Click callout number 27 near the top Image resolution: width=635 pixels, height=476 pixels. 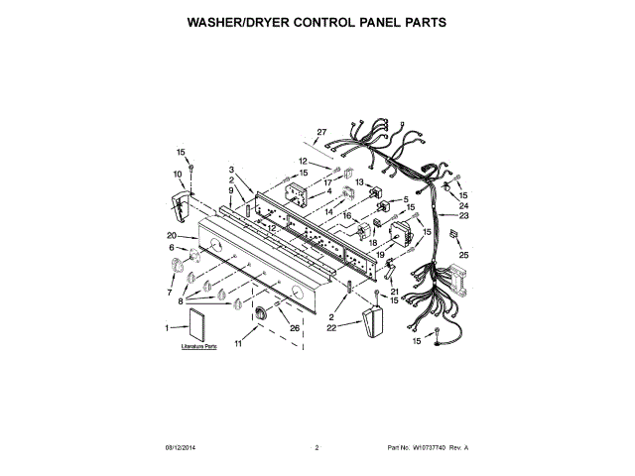[x=321, y=132]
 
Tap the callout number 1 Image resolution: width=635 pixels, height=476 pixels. [x=166, y=326]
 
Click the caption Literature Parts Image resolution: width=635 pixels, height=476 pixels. [x=198, y=348]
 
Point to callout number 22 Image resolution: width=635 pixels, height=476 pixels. [x=332, y=326]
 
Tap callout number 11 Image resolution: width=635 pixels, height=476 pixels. [x=238, y=343]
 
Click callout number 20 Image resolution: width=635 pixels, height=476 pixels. [x=172, y=234]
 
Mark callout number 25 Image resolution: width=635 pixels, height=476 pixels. [x=463, y=255]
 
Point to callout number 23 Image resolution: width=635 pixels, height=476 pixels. [x=463, y=215]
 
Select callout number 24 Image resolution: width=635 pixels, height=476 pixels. [x=463, y=205]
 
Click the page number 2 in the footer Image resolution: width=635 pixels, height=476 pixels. [x=317, y=448]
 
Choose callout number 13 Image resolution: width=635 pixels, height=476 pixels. [x=359, y=182]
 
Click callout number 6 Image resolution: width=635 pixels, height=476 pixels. [x=171, y=247]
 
